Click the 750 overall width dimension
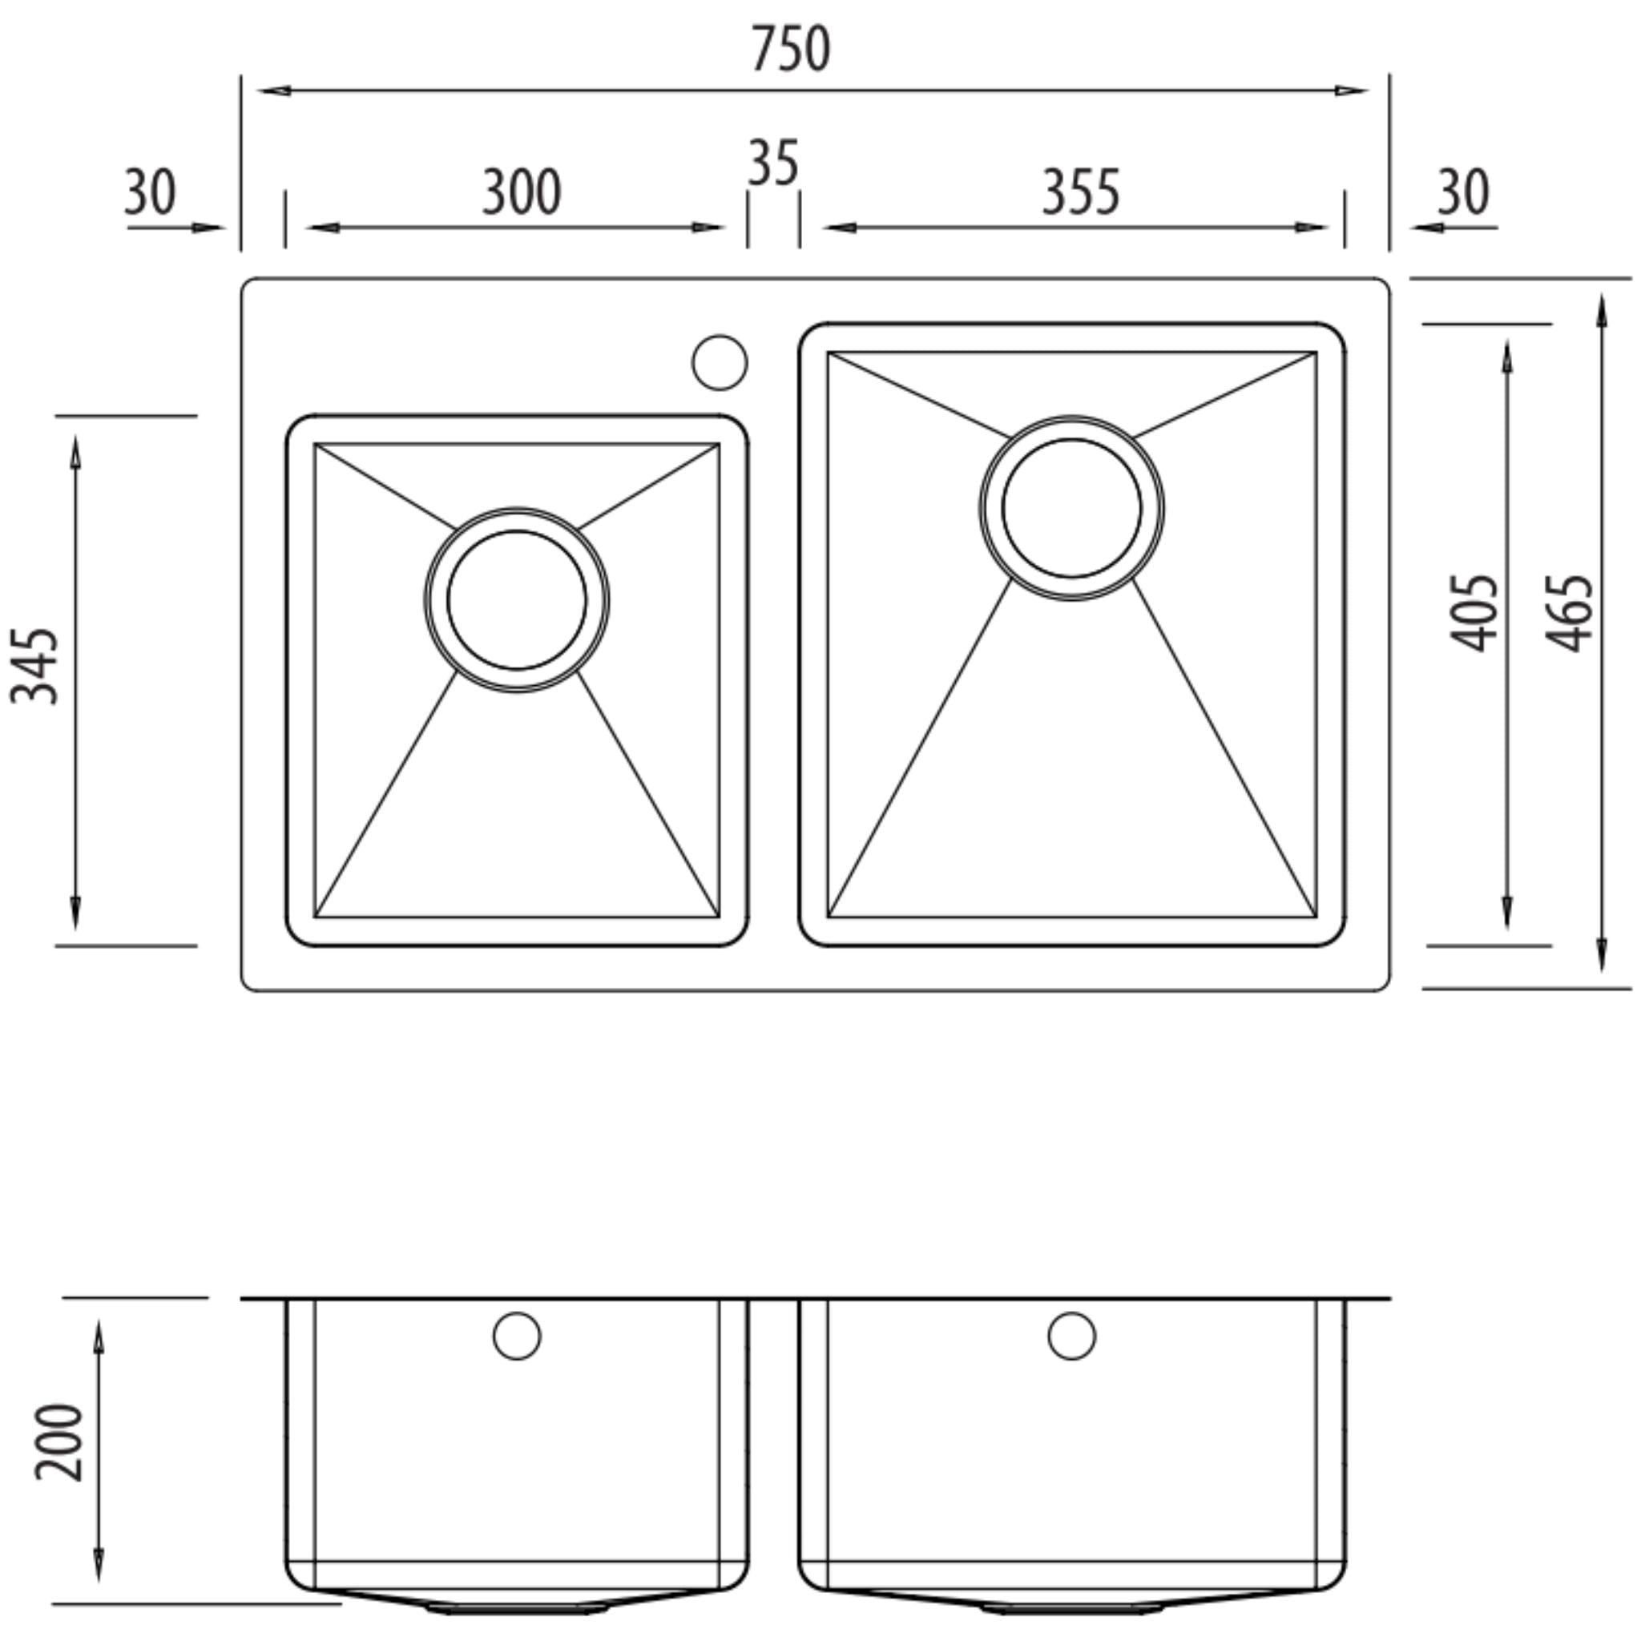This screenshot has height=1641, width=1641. coord(790,49)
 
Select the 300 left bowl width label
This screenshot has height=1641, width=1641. coord(521,193)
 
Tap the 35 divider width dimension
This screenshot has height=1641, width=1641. coord(773,163)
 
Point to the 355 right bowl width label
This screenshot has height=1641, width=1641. coord(1080,193)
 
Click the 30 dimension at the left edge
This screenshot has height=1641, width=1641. coord(151,192)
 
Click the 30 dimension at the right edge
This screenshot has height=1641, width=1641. coord(1462,192)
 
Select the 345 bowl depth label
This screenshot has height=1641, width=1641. coord(36,667)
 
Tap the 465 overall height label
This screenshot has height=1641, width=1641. coord(1569,613)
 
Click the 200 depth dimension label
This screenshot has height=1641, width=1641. coord(59,1443)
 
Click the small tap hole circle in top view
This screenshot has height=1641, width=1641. coord(720,363)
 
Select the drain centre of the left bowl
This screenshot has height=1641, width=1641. coord(517,599)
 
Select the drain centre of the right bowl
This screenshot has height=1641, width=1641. coord(1072,508)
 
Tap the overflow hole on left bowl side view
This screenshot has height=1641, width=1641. coord(517,1336)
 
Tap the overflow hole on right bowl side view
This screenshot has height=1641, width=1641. coord(1072,1336)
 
